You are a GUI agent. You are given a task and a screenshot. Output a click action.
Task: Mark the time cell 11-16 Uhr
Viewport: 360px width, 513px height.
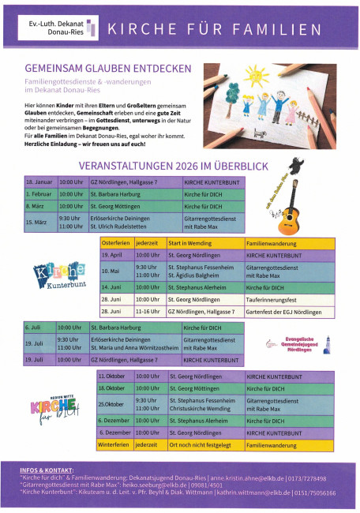148,311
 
